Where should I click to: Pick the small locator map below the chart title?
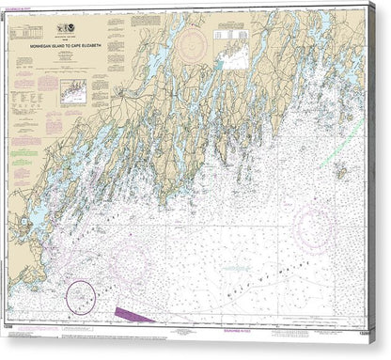click(x=72, y=90)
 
